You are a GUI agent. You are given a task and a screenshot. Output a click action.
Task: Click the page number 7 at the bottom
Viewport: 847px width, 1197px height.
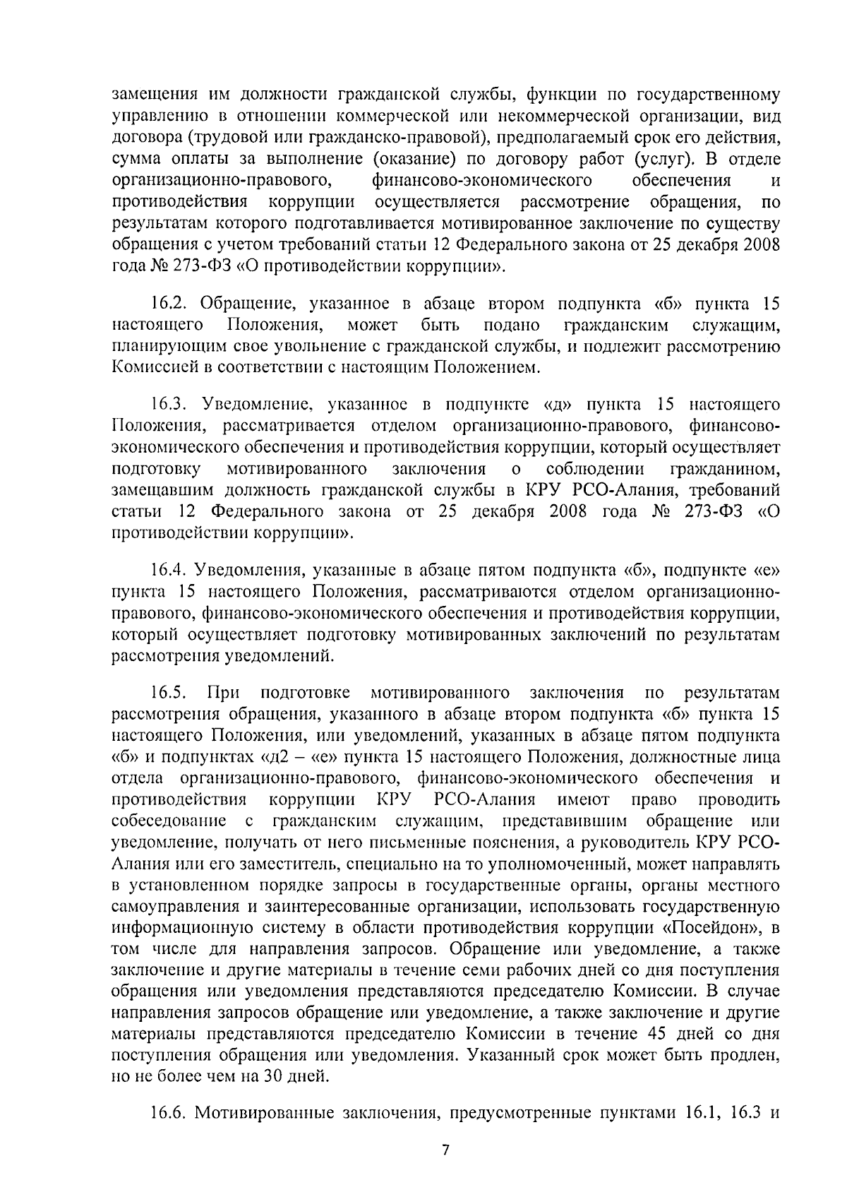tap(445, 1150)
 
